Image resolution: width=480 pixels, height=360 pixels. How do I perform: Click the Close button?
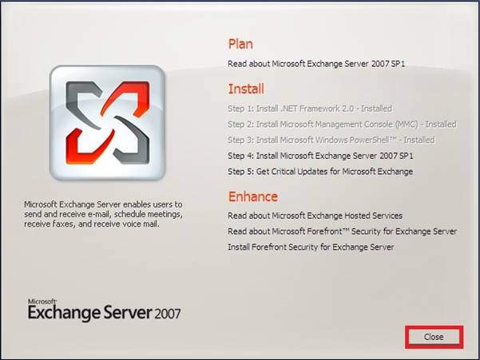click(x=434, y=337)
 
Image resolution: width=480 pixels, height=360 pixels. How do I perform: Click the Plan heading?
click(x=240, y=44)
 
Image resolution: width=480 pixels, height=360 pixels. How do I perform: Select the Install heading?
click(x=246, y=89)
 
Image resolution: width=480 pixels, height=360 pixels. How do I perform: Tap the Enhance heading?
click(x=253, y=196)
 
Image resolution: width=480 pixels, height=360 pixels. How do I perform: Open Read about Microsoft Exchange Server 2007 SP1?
click(x=316, y=64)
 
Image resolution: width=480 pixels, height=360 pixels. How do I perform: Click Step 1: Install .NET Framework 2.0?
click(x=310, y=109)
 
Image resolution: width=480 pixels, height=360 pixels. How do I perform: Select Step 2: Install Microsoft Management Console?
click(x=343, y=125)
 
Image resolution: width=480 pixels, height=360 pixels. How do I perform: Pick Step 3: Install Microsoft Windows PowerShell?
click(x=331, y=140)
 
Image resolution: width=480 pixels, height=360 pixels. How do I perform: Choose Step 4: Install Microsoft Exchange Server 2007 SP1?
click(x=320, y=156)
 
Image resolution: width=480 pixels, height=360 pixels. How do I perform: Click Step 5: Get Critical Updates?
click(x=320, y=172)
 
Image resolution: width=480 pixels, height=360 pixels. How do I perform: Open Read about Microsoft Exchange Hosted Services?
click(x=315, y=216)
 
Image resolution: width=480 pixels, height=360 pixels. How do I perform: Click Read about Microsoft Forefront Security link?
click(x=343, y=231)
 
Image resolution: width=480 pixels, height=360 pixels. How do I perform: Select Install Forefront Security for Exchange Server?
click(x=311, y=247)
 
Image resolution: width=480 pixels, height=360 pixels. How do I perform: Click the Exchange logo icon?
click(x=108, y=123)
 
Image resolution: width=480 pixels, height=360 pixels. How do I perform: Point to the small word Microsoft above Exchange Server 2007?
click(x=42, y=302)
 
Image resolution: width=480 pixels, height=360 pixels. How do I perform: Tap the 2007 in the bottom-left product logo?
click(x=168, y=315)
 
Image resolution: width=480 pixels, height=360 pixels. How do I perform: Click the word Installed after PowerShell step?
click(x=419, y=140)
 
